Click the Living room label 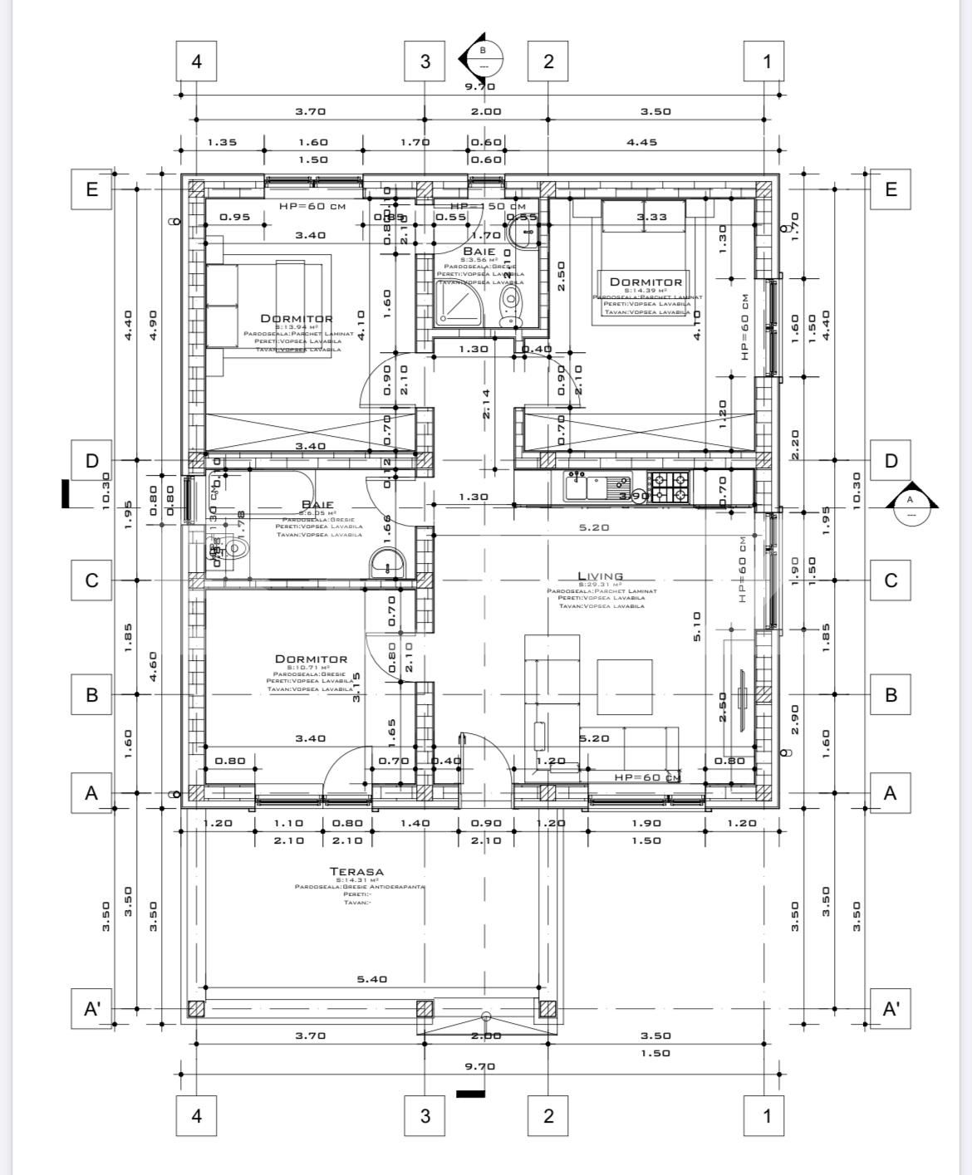[601, 575]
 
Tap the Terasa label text [356, 871]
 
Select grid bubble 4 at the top [197, 61]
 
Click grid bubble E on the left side [92, 189]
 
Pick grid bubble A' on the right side [891, 1009]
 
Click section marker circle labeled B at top [484, 59]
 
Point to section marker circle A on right [910, 507]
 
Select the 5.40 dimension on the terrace [371, 979]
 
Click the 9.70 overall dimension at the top [479, 86]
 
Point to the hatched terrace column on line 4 [196, 1009]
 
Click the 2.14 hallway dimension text [486, 404]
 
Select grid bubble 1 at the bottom [767, 1115]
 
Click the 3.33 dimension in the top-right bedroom [651, 217]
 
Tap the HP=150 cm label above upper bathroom [488, 206]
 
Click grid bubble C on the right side [891, 580]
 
